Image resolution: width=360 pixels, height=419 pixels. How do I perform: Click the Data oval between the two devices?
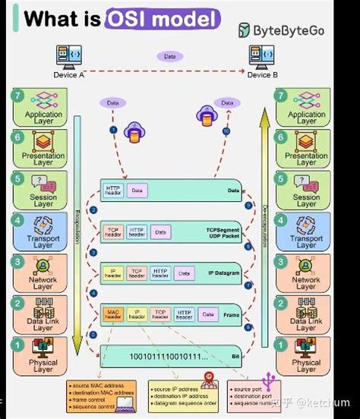tap(169, 56)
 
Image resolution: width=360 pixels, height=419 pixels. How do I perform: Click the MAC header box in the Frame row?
tap(112, 313)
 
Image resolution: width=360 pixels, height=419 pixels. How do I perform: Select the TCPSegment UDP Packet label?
tap(223, 232)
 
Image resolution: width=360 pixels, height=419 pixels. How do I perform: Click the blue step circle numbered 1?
tap(115, 130)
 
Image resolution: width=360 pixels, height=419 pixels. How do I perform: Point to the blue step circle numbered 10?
tap(226, 131)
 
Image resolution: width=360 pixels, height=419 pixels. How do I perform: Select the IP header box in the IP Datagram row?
tap(112, 271)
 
